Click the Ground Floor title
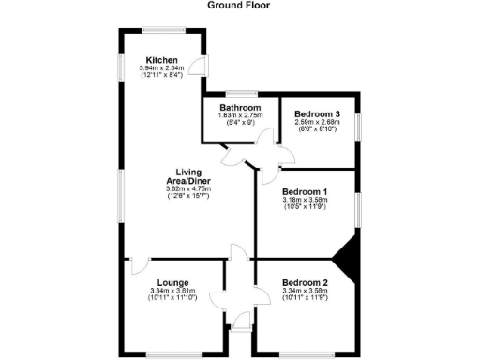pos(239,5)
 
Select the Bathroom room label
pos(239,108)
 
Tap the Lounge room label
pos(173,282)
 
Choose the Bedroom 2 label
pos(306,282)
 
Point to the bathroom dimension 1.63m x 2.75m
pos(239,115)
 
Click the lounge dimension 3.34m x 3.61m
pos(173,291)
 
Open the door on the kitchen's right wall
pos(198,65)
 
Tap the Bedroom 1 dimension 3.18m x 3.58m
pos(306,199)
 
